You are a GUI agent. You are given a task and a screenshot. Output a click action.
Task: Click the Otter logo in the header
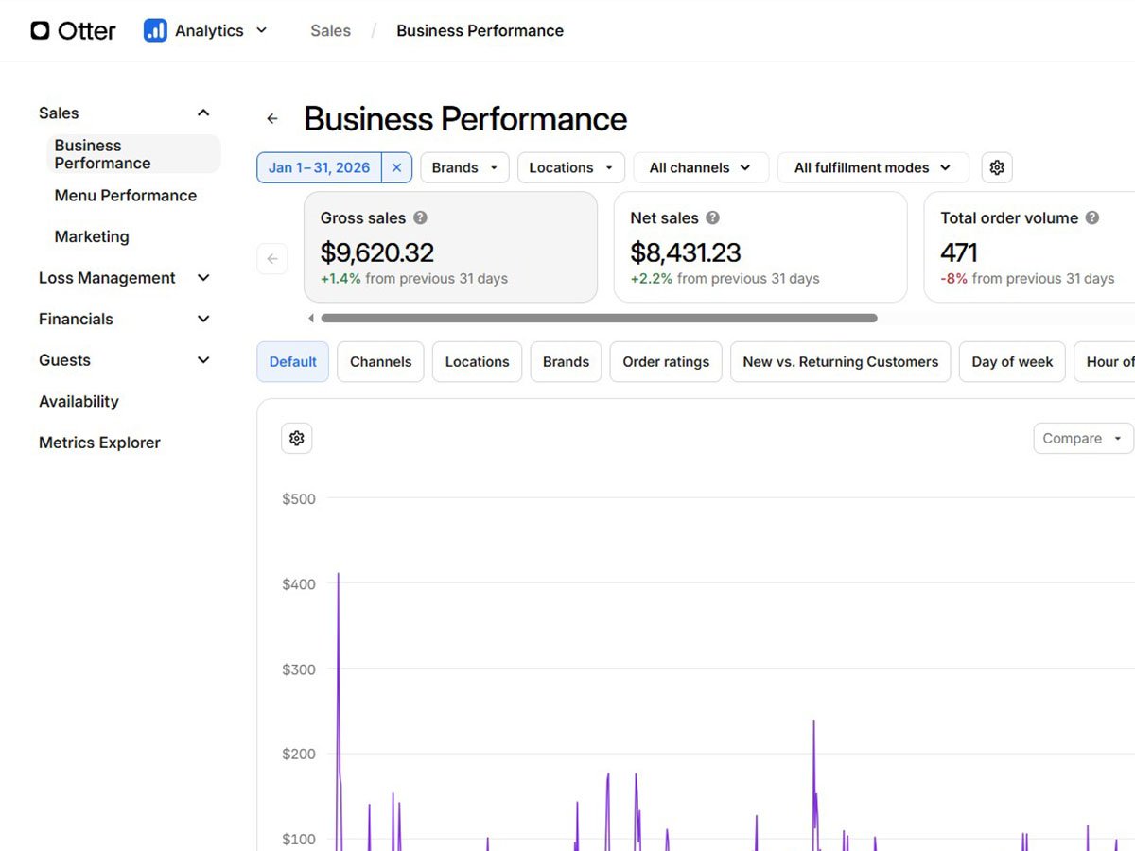[73, 30]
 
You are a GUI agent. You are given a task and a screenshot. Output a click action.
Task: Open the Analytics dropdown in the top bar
[205, 30]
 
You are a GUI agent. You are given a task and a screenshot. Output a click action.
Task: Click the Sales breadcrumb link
[330, 30]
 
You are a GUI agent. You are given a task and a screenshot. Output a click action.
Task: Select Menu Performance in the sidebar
[125, 196]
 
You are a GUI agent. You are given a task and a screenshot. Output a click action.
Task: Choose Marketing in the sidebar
[92, 236]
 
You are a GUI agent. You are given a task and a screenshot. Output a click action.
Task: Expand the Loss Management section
[124, 277]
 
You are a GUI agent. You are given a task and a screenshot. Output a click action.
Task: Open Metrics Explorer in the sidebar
[99, 443]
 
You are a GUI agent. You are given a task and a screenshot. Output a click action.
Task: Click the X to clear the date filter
[396, 167]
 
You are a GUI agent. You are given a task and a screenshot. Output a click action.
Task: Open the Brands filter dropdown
[464, 167]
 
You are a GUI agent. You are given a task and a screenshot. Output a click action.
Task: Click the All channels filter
[701, 167]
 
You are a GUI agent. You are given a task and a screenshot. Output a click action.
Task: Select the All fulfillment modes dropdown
[873, 167]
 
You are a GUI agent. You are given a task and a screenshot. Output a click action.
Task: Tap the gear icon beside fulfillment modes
[996, 167]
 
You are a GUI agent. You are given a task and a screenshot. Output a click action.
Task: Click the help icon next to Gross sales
[420, 217]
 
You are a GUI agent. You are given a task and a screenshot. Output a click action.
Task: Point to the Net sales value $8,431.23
[685, 252]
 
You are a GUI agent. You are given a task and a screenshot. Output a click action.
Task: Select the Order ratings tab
[666, 362]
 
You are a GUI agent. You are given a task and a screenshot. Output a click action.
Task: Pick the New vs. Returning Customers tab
[840, 362]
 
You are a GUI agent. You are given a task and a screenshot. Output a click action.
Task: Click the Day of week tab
[1012, 362]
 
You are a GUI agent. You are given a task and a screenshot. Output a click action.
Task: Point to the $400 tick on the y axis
[298, 583]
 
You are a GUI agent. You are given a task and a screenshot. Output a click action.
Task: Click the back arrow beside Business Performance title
[272, 119]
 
